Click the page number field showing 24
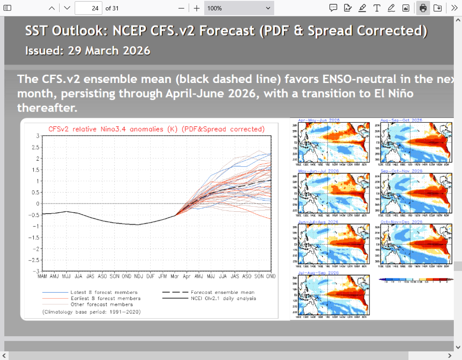coord(89,8)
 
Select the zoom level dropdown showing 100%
coord(239,8)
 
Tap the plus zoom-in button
coord(196,8)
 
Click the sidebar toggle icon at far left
coord(8,8)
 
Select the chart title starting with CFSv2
coord(155,129)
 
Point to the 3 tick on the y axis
coord(38,136)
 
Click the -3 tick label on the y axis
coord(36,271)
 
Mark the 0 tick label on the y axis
coord(38,204)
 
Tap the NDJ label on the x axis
coord(138,276)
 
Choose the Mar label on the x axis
coord(175,276)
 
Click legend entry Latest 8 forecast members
coord(104,292)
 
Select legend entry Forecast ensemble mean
coord(222,292)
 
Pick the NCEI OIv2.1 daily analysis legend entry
coord(223,298)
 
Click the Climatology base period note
coord(91,311)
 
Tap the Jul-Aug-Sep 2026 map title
coord(318,273)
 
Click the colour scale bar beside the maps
coord(416,280)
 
